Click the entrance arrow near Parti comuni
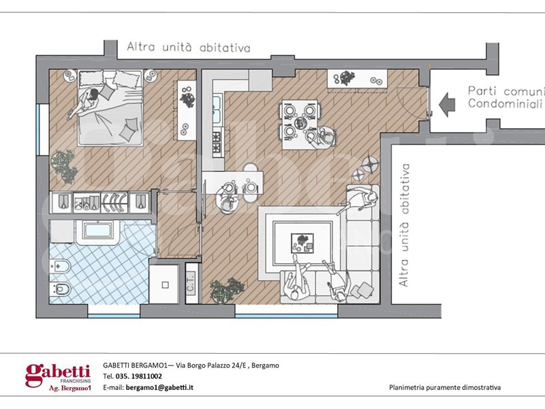pos(447,104)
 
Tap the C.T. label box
pos(191,283)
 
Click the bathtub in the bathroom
pos(98,230)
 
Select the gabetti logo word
pos(58,374)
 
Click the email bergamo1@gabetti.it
pos(159,387)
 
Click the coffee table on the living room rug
pos(302,243)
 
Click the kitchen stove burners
pos(217,141)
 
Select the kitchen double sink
pos(217,108)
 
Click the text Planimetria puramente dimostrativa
pos(445,387)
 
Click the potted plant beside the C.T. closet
pos(227,290)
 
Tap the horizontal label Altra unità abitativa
pos(189,47)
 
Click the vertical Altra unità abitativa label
pos(403,226)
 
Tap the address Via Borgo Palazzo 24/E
pos(212,365)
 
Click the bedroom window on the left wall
pos(44,129)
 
